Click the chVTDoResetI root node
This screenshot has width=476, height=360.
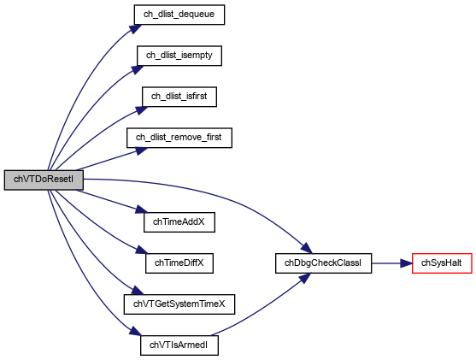(x=44, y=180)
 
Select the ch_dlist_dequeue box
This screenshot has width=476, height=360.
(x=179, y=15)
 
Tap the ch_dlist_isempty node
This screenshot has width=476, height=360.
(x=179, y=56)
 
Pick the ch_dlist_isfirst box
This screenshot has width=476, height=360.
(x=179, y=97)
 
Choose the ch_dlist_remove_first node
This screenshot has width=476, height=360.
(x=179, y=138)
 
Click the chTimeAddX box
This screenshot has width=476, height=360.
(x=179, y=222)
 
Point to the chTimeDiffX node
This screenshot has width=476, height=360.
(x=179, y=263)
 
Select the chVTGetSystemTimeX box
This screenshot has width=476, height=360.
(x=179, y=304)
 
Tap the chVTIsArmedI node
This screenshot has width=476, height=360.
(x=179, y=345)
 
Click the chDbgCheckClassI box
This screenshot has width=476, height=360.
(x=323, y=263)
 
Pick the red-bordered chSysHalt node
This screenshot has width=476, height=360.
(x=442, y=263)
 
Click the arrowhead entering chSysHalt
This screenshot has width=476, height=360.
(x=406, y=263)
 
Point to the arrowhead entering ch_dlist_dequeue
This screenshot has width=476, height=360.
(x=136, y=28)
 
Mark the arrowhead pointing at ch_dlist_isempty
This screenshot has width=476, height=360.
(x=138, y=69)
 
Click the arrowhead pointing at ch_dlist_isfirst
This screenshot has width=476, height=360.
(x=141, y=110)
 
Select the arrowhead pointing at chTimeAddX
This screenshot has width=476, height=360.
(x=142, y=210)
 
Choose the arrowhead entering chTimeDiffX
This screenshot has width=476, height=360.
(x=142, y=250)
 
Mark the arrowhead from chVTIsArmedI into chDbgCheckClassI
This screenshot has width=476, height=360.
(x=304, y=278)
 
